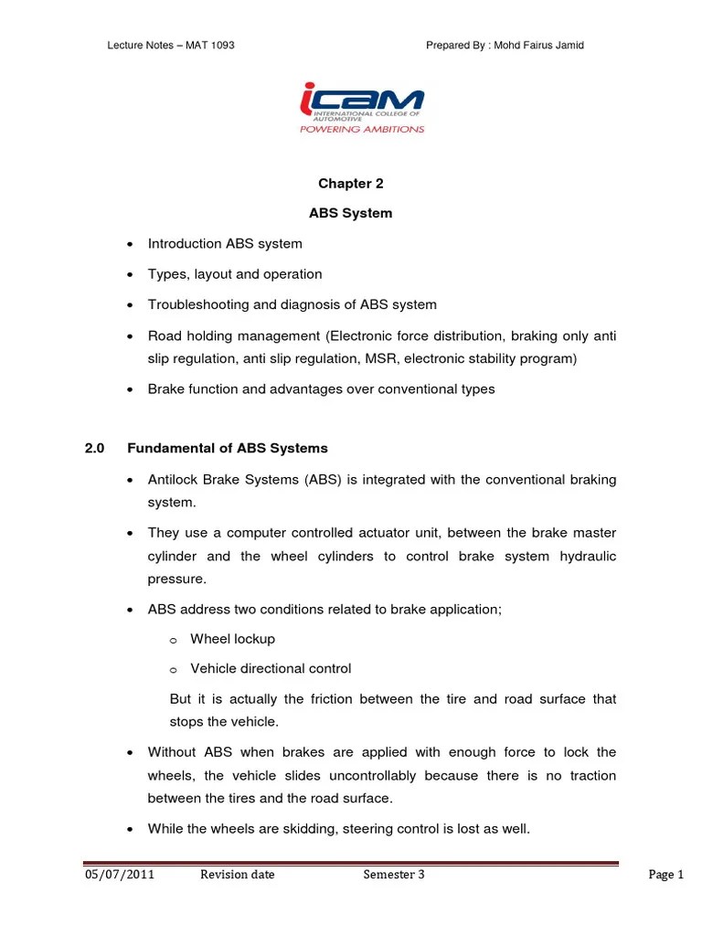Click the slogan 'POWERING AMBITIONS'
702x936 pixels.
pos(362,130)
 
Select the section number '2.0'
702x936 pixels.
pos(94,449)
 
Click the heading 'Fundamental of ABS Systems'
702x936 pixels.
pos(227,449)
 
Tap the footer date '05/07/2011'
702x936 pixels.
pos(119,875)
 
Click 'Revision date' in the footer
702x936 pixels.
pos(237,875)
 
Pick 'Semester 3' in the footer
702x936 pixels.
pos(393,875)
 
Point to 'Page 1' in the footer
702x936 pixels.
pos(665,875)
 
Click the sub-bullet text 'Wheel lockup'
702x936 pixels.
pos(232,639)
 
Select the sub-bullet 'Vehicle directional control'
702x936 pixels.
pos(270,669)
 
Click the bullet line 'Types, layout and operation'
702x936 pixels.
pos(235,274)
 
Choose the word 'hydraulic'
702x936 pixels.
pos(588,556)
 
